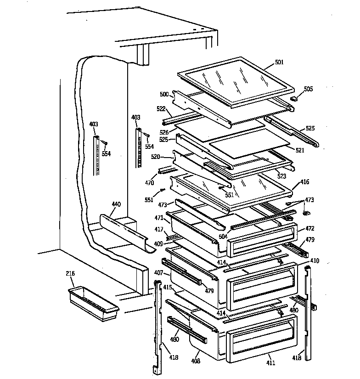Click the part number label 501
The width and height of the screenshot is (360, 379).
click(x=279, y=62)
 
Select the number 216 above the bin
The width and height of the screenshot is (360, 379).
click(x=70, y=274)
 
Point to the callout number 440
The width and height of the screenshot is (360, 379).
click(x=116, y=204)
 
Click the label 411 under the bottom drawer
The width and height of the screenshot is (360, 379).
click(x=271, y=363)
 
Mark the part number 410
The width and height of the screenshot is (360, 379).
click(x=315, y=261)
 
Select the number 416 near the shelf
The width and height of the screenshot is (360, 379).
click(x=305, y=182)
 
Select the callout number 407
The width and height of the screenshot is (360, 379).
click(x=158, y=273)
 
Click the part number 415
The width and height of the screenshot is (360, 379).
click(x=167, y=287)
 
